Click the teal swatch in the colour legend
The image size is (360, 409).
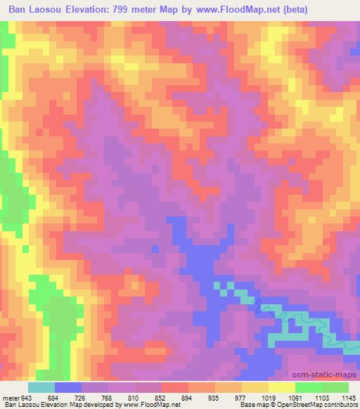41,387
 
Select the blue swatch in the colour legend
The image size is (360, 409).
68,387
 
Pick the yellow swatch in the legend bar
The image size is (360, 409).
282,387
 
